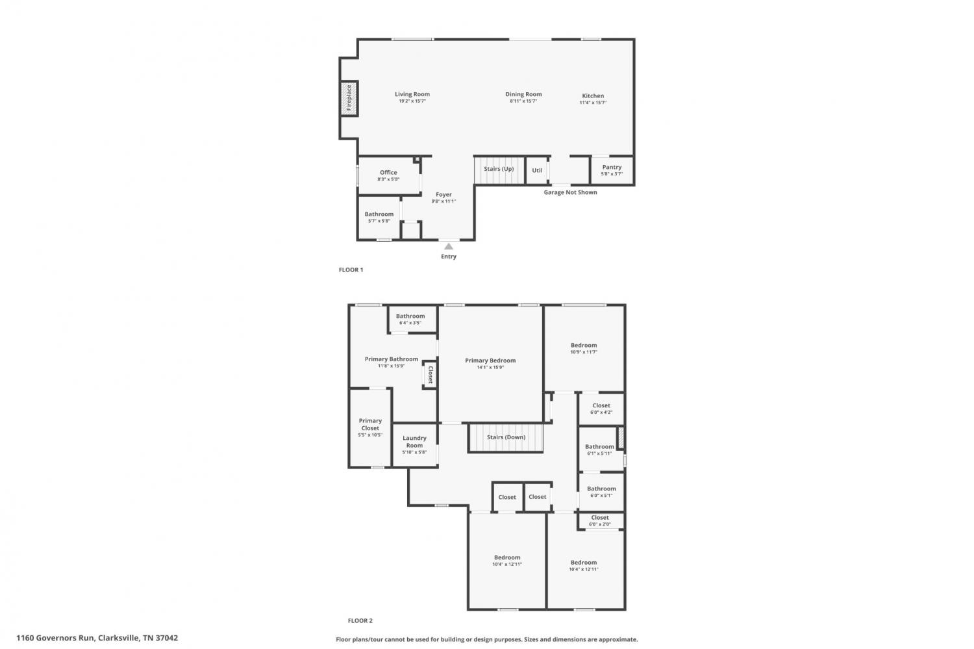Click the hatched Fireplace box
coord(349,98)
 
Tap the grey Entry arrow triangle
coord(448,246)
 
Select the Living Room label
coord(412,94)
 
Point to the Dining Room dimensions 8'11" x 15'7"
coord(523,101)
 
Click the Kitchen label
coord(593,95)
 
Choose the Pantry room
coord(612,170)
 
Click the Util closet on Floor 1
coord(537,170)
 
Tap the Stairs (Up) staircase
coord(499,170)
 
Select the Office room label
coord(388,172)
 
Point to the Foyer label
coord(443,194)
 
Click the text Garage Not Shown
coord(570,192)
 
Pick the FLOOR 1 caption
coord(351,270)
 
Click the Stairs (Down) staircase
coord(506,438)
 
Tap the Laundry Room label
coord(414,442)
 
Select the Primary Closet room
coord(371,428)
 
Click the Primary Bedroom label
coord(490,360)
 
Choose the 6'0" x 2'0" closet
coord(601,520)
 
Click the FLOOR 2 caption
coord(360,620)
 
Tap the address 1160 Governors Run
coord(55,638)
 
